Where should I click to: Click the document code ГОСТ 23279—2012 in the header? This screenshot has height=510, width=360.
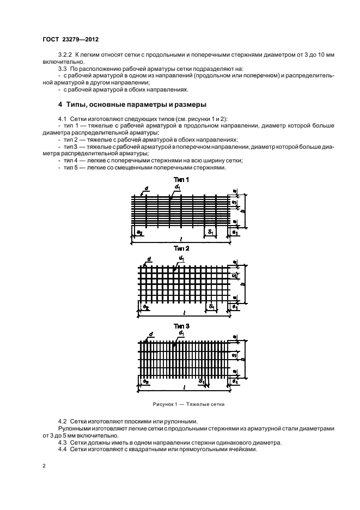click(71, 39)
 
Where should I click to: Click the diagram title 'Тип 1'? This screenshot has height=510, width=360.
click(181, 180)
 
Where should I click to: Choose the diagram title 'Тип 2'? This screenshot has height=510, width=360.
click(181, 248)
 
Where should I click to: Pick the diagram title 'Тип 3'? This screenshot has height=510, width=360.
click(181, 325)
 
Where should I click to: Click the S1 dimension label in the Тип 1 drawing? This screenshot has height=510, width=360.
click(209, 232)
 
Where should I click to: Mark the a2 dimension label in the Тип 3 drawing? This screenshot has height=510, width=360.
click(146, 382)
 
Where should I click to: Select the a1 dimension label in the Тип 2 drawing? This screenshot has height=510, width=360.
click(234, 308)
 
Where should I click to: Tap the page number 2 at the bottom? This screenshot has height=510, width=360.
click(45, 466)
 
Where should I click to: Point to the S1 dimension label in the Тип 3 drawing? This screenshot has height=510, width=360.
click(201, 381)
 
